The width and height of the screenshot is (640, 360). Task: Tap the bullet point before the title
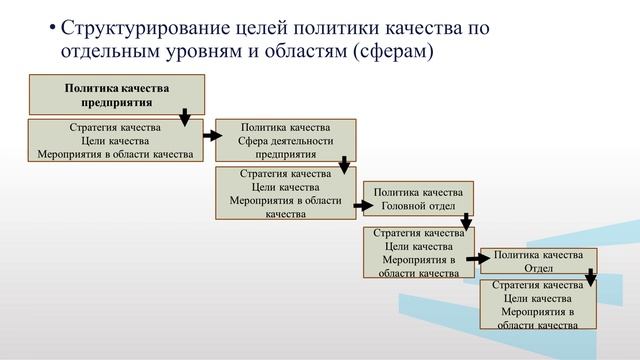(x=52, y=27)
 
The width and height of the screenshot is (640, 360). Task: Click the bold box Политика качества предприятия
(x=117, y=95)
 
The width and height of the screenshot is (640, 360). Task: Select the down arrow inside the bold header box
(x=186, y=116)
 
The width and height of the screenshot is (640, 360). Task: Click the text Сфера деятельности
(x=286, y=141)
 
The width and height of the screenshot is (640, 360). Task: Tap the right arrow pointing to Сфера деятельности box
(x=211, y=133)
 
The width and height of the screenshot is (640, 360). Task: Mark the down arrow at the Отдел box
(x=590, y=275)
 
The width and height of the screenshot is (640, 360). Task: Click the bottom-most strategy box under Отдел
(x=538, y=304)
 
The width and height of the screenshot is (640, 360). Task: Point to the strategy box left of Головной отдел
(x=286, y=193)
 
